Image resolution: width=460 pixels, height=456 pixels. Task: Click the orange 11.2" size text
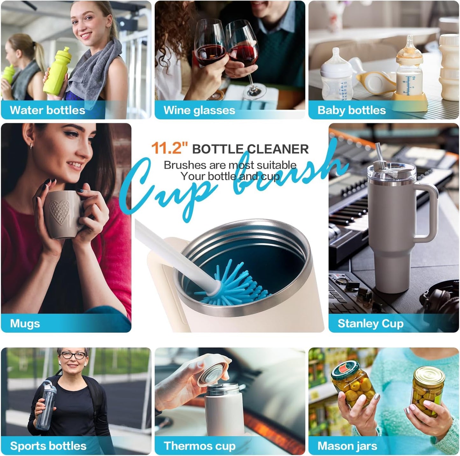(169, 148)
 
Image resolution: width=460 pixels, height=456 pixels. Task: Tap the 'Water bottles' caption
(47, 110)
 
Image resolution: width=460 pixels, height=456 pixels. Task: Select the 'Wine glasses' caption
(199, 110)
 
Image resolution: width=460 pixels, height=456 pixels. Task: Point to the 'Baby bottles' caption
(352, 110)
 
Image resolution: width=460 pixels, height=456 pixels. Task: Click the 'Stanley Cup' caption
(371, 324)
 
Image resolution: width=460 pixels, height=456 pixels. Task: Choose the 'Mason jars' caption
(347, 446)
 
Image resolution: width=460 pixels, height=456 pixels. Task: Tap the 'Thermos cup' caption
(200, 446)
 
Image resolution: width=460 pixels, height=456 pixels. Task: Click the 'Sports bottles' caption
(48, 446)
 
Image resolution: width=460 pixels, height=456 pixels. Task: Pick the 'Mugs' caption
(25, 324)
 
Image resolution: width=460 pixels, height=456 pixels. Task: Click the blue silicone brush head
(229, 284)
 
